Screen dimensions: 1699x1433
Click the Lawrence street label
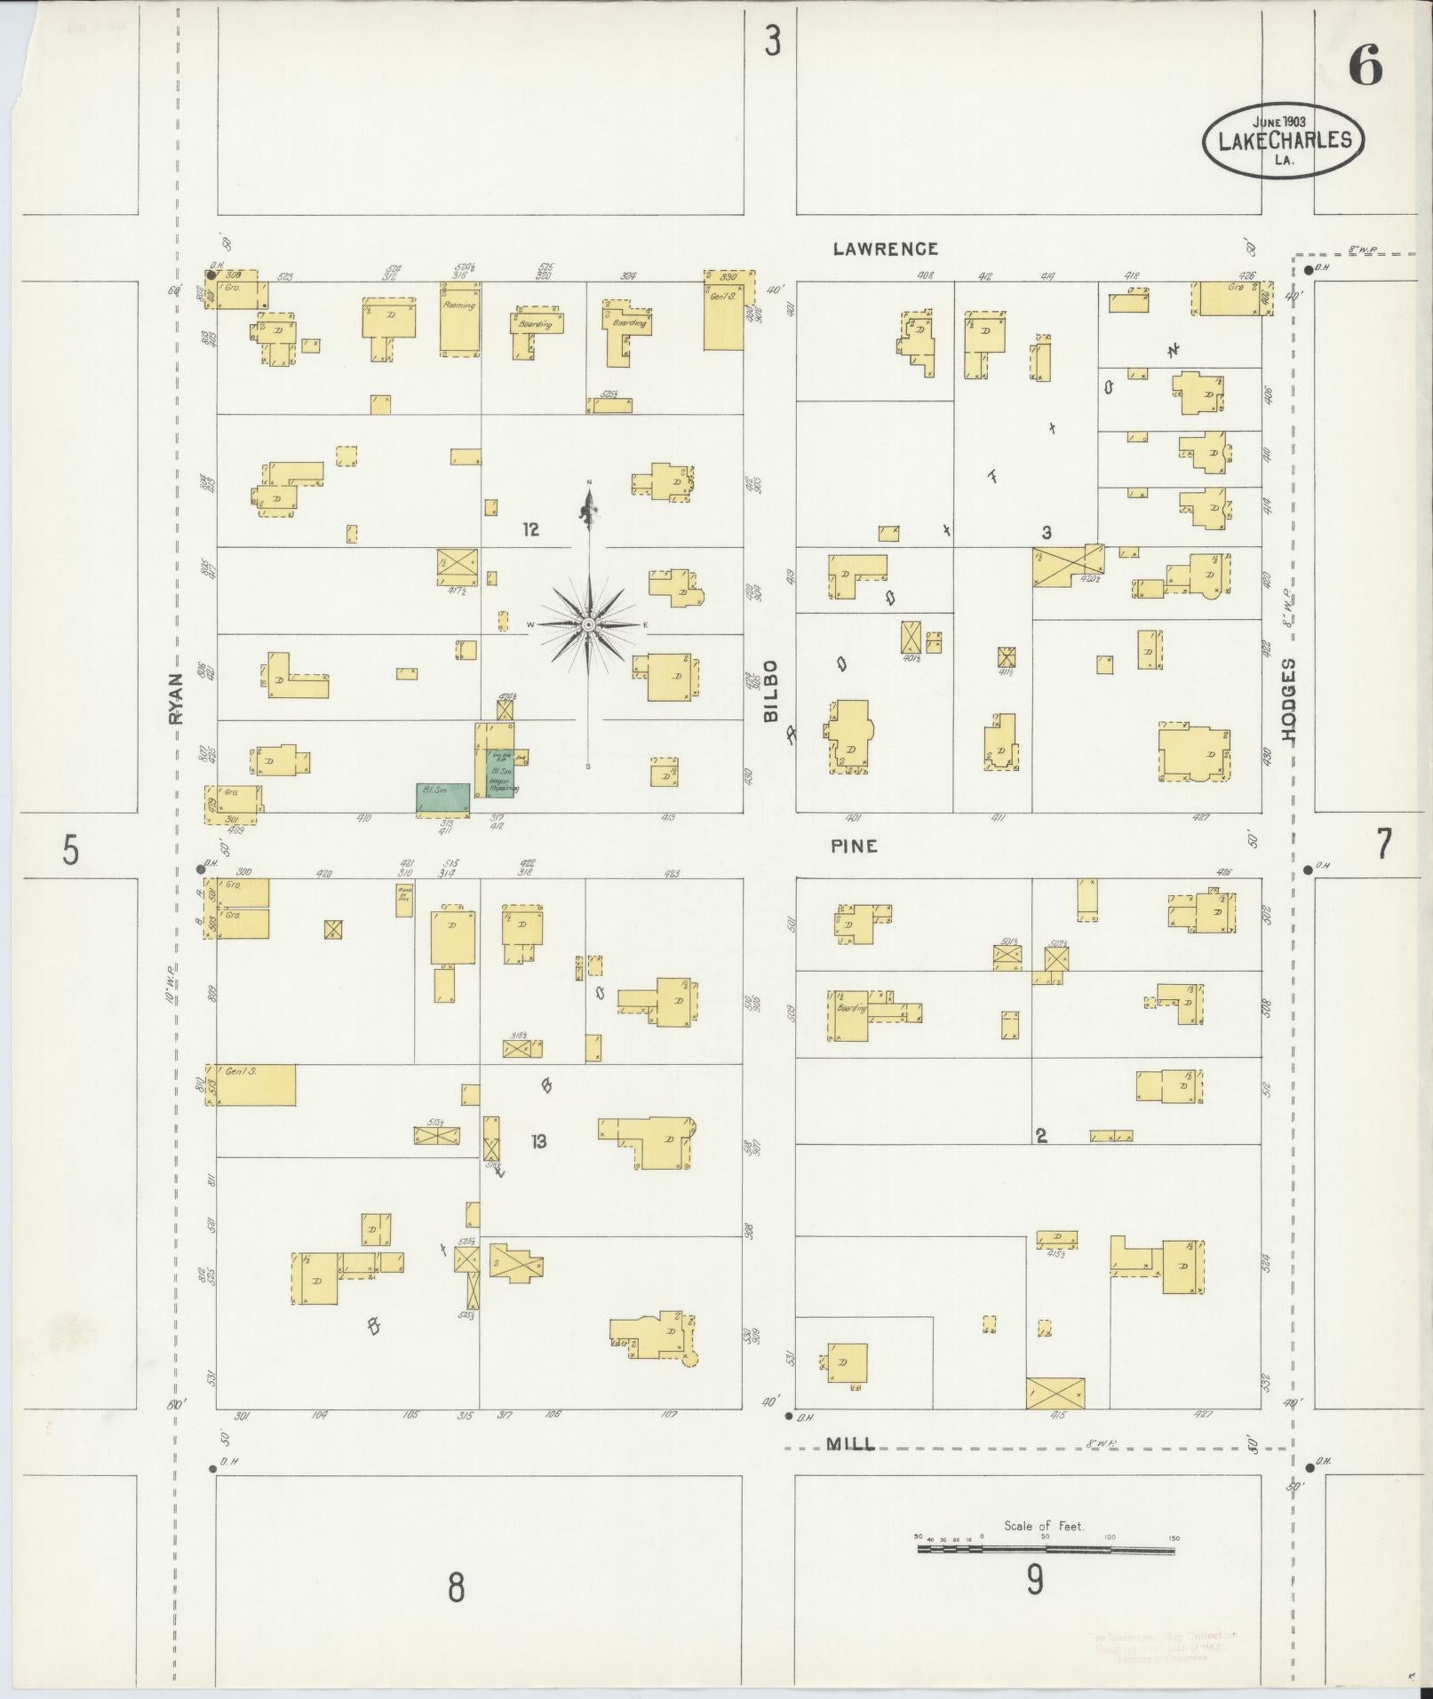pos(885,250)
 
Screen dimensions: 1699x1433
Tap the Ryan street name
pos(176,698)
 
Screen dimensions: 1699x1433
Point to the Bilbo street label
pos(770,690)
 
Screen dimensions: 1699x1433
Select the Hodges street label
pos(1289,700)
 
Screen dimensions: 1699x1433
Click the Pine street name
pos(854,846)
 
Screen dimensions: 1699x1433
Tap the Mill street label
pos(850,1445)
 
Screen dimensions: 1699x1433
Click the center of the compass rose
pos(588,625)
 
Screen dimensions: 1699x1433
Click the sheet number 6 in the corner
pos(1365,66)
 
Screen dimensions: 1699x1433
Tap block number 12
pos(530,530)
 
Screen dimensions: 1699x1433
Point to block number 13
pos(538,1141)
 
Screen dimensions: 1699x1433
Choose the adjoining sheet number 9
pos(1034,1581)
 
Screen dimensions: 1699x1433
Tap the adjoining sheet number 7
pos(1383,845)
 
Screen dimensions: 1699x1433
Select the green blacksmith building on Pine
pos(443,798)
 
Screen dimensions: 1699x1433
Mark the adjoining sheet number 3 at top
pos(773,42)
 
